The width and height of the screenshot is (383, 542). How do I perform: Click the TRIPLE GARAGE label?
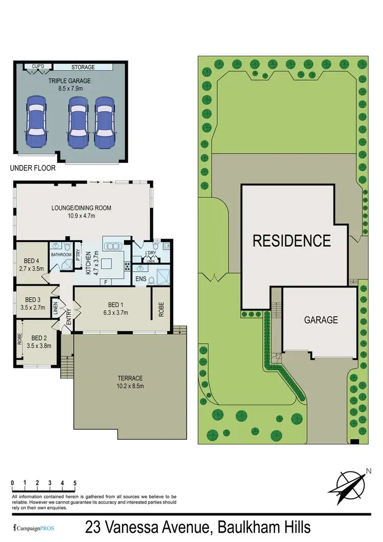[x=66, y=80]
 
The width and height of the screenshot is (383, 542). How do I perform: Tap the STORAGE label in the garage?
[x=83, y=67]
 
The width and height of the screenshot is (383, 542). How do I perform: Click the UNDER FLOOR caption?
[x=33, y=167]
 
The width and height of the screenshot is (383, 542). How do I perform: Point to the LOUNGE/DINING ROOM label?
[x=81, y=208]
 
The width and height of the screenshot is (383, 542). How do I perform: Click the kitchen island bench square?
[x=108, y=264]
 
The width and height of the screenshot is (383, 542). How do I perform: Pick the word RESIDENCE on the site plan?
[x=292, y=240]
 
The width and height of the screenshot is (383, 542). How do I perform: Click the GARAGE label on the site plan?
[x=321, y=320]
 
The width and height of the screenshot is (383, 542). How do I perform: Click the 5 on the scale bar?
[x=75, y=482]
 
